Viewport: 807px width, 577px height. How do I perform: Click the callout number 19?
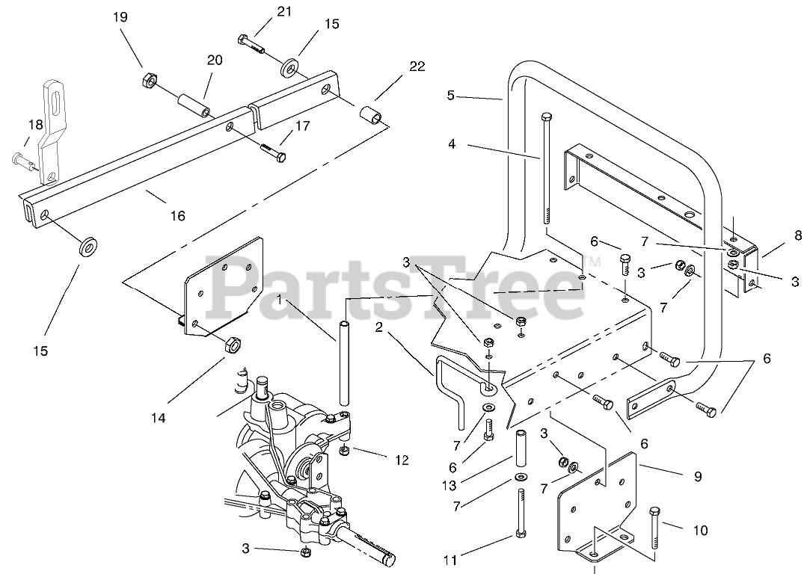coord(121,16)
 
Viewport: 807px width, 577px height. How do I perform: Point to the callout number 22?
coord(416,67)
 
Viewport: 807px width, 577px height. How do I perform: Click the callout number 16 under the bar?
coord(177,216)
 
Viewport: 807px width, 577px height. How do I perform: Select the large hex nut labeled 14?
coord(231,345)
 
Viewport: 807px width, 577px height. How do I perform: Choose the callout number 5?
coord(450,95)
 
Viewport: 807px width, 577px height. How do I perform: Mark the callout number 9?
coord(697,475)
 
